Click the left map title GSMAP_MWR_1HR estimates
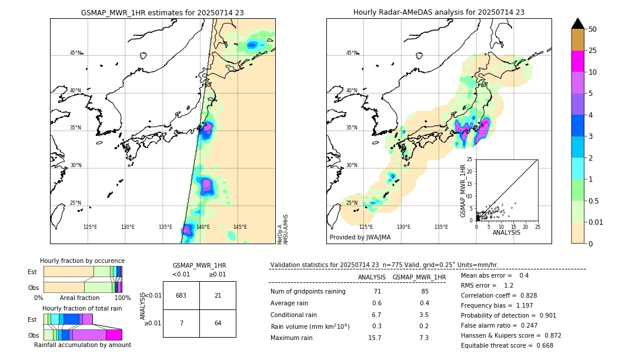point(162,12)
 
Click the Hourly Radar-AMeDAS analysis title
point(439,12)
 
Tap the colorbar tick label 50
point(593,29)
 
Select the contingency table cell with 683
point(181,295)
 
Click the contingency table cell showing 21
point(218,295)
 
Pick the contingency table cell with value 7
point(181,323)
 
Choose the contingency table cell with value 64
point(218,323)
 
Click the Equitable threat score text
point(507,345)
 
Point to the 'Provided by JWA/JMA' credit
point(360,238)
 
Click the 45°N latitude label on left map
point(76,53)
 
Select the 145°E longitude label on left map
point(240,227)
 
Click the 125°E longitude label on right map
point(366,227)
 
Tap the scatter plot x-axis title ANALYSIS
point(506,232)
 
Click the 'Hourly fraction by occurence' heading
point(82,261)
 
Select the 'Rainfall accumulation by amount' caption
point(82,345)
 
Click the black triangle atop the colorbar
point(578,24)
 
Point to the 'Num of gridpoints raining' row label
point(308,292)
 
